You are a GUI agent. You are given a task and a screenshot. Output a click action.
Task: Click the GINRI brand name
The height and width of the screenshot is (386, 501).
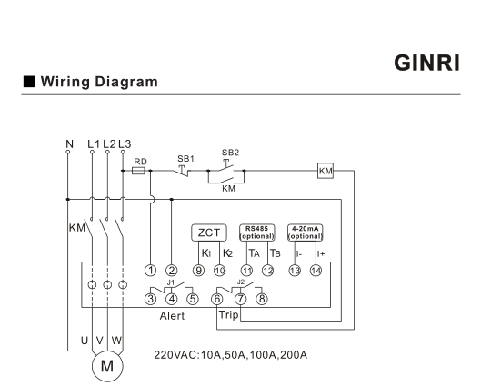click(426, 63)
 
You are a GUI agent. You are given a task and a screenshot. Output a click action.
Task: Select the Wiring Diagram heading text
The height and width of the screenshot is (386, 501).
click(99, 82)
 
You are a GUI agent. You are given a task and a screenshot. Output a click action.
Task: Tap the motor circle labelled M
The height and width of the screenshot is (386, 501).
click(107, 366)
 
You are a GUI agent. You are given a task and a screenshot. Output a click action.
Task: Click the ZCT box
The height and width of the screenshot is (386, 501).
click(209, 233)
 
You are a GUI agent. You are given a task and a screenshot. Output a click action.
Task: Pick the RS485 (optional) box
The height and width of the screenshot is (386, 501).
click(257, 233)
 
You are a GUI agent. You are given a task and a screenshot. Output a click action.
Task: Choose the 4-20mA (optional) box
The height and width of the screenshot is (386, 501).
click(306, 233)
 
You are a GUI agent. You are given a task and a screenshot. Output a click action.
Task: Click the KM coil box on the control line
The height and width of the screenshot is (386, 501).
click(326, 171)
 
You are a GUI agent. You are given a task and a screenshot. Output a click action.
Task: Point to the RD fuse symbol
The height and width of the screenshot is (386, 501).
click(138, 171)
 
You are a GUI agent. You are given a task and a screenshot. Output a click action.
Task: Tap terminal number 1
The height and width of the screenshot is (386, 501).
click(151, 271)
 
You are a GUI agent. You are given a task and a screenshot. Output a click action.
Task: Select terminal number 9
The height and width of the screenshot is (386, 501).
click(198, 271)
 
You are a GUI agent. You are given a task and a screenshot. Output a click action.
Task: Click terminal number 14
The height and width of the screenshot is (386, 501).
click(316, 271)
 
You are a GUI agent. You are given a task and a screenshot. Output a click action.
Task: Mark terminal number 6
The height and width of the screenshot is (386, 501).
click(217, 299)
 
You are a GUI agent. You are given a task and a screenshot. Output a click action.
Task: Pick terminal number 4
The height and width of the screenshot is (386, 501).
click(172, 299)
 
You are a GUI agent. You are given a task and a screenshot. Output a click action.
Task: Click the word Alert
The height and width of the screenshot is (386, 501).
click(172, 316)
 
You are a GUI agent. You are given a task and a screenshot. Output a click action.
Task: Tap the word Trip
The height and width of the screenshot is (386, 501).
click(229, 315)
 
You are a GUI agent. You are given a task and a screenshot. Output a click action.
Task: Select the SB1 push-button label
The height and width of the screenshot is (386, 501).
click(186, 159)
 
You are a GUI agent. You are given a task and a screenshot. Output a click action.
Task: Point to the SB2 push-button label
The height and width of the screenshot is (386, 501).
click(230, 153)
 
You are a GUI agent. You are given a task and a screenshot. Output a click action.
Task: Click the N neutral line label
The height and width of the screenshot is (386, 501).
click(69, 144)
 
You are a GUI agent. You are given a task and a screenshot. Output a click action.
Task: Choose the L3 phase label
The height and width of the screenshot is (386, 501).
click(125, 144)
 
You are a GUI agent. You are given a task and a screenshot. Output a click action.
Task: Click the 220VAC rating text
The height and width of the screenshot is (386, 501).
click(231, 355)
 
